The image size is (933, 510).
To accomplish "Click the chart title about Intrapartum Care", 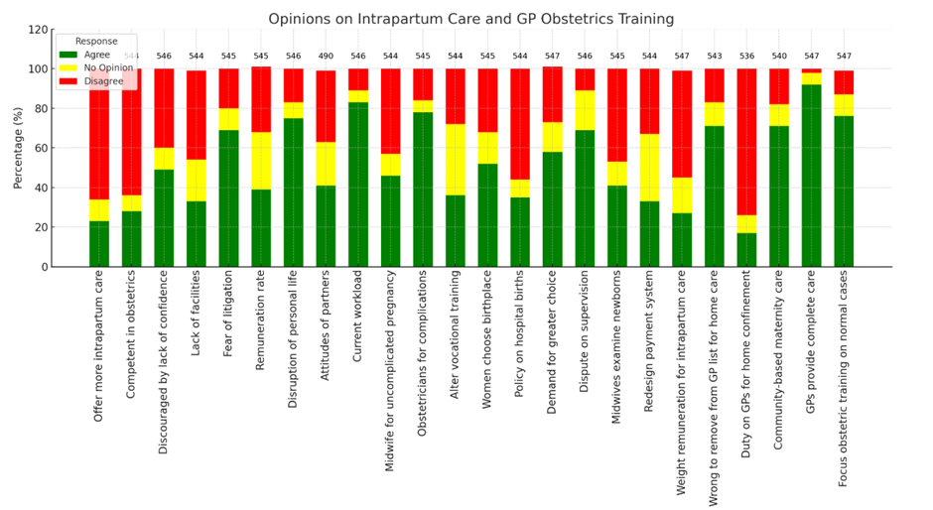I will pos(470,19).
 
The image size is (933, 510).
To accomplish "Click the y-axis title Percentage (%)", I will pos(17,148).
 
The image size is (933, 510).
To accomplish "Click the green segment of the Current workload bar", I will pos(358,185).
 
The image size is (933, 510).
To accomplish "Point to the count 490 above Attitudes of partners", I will pos(326,57).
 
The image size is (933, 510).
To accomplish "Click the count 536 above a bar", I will pos(746,57).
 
